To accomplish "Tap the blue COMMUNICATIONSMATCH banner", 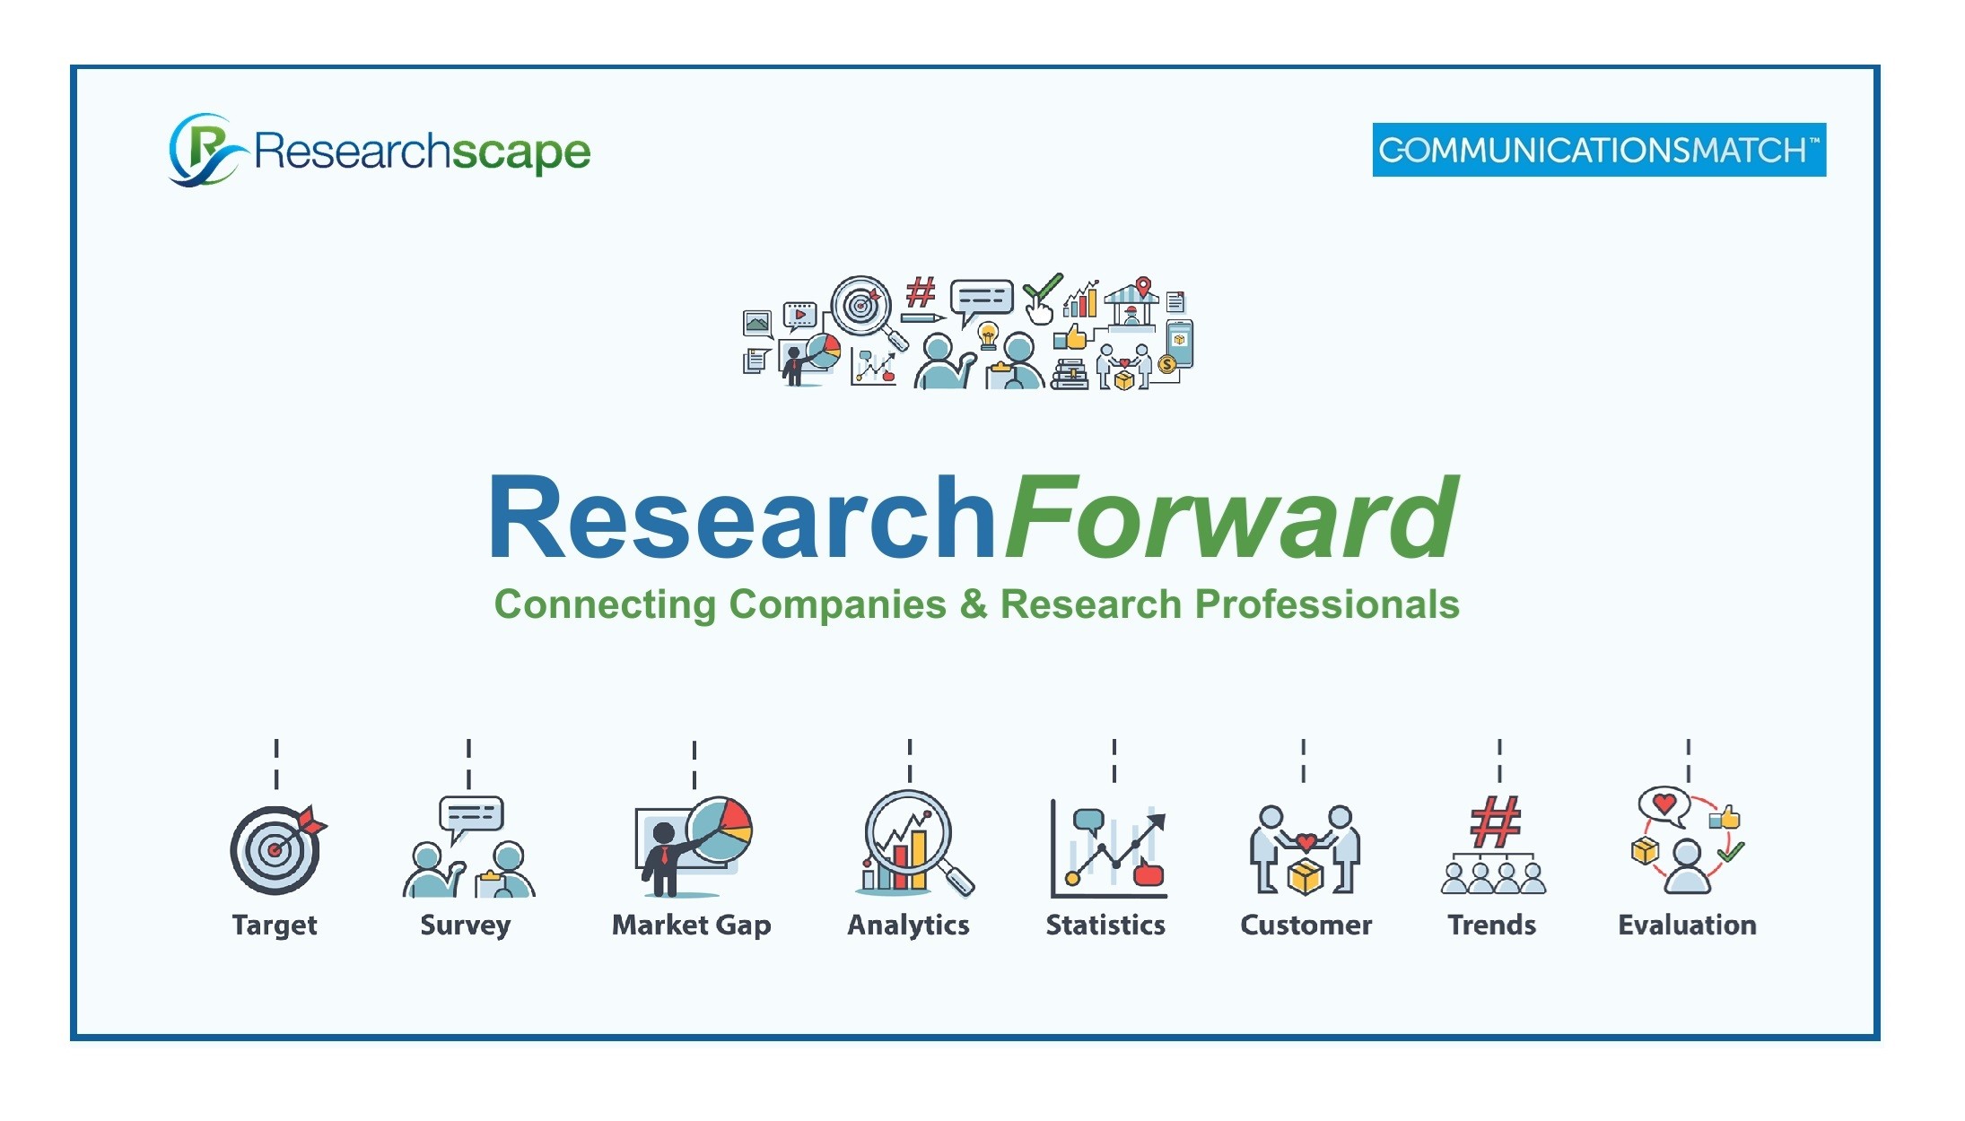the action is [1599, 150].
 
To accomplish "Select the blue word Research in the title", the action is [742, 518].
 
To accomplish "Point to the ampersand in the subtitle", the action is [974, 604].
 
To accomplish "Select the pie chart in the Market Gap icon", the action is [720, 830].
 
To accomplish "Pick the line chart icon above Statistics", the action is [1109, 849].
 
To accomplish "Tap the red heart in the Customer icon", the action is [1306, 841].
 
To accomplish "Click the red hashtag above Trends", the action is [1496, 821].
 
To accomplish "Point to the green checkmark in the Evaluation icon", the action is [1731, 850].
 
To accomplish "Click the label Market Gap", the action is [691, 925].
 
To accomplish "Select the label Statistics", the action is [1105, 925].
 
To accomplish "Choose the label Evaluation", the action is [1687, 925].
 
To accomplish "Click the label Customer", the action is [1306, 925].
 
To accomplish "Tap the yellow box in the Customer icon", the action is [1306, 877].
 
